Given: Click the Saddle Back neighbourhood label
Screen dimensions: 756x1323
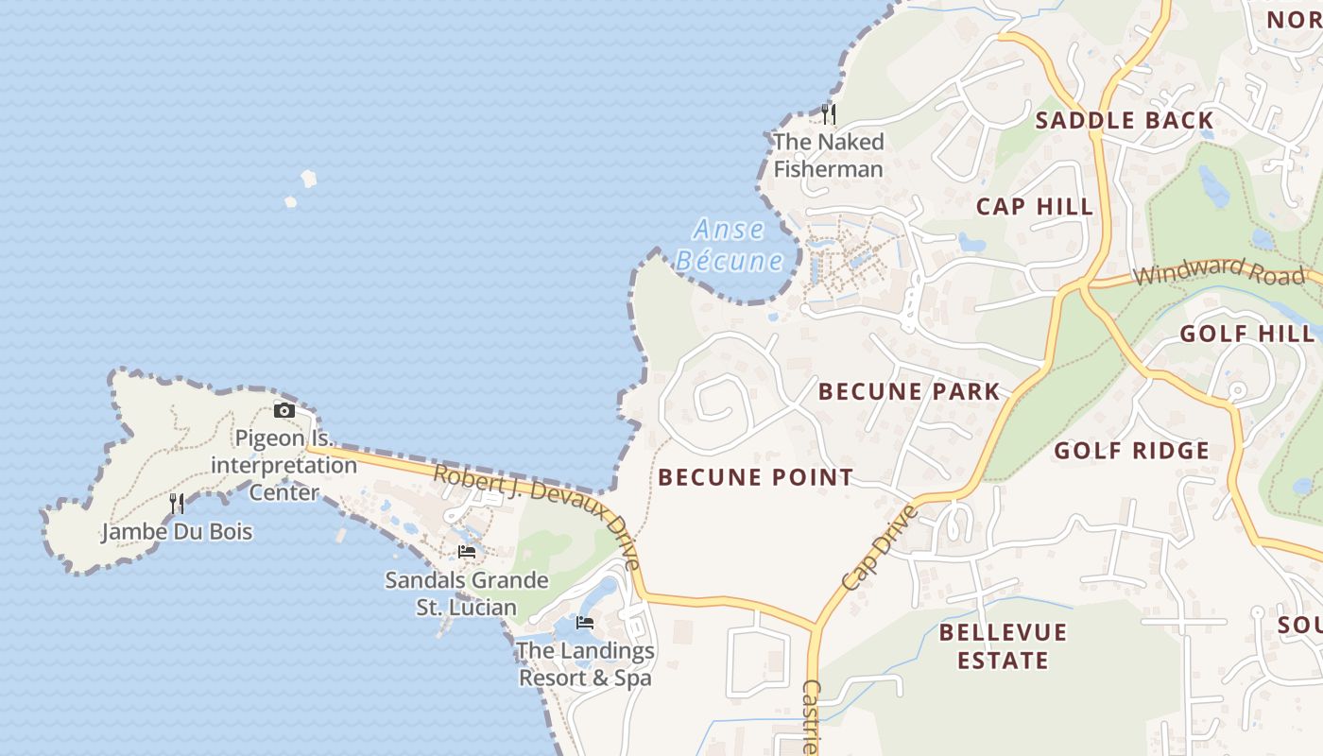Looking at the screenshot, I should [x=1124, y=120].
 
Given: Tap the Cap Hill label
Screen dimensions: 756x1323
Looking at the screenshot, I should [x=1034, y=206].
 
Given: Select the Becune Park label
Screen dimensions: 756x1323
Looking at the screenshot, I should [x=908, y=391].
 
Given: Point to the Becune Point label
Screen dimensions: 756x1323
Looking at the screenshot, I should [x=755, y=477].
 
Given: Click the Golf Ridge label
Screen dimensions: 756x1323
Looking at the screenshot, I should [x=1131, y=450].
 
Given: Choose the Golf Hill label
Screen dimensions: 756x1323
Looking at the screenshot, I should [x=1246, y=333].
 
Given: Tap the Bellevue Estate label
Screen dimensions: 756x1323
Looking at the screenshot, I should [x=1003, y=645].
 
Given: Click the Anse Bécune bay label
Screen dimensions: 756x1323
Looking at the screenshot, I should [x=729, y=245].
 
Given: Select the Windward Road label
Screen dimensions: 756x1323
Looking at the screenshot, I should [x=1219, y=272].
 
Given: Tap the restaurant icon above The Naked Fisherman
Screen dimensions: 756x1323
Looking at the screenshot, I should [x=829, y=114].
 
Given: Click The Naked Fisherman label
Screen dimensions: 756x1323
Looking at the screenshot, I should [x=829, y=155].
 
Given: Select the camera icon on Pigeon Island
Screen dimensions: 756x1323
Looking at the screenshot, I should [x=283, y=410].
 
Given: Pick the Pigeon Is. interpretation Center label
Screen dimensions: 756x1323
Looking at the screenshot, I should [x=283, y=465].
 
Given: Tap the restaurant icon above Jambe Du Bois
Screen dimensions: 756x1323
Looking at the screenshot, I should [x=177, y=504].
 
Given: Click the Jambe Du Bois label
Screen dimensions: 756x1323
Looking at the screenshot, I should [x=177, y=531].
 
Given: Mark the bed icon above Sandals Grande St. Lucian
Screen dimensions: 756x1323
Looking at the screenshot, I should [x=467, y=552].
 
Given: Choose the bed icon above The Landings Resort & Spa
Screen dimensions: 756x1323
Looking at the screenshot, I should [x=585, y=623].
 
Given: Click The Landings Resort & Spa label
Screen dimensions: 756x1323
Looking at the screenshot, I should [x=585, y=664].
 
